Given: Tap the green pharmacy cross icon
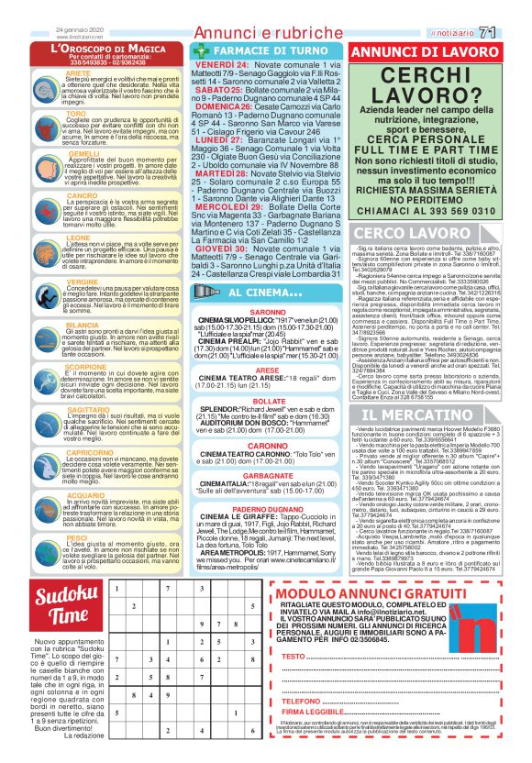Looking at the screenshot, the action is coord(202,53).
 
